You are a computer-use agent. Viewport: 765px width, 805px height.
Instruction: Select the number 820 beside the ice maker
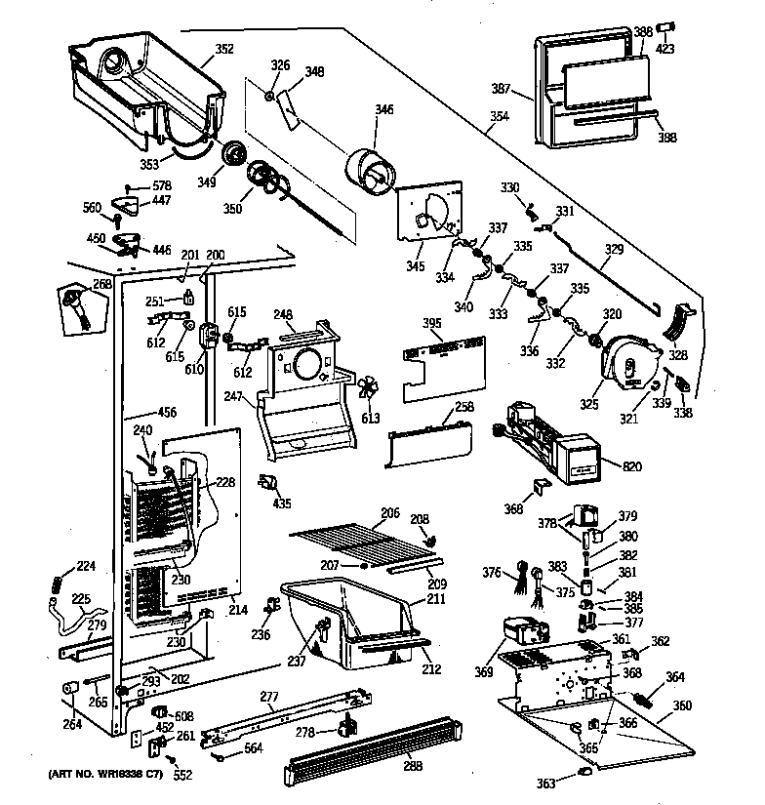tap(632, 466)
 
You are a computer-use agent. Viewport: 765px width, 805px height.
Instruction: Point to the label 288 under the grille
tap(413, 766)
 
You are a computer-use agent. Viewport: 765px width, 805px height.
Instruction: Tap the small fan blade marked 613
tap(371, 389)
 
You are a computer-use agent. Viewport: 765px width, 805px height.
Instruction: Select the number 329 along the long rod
tap(613, 250)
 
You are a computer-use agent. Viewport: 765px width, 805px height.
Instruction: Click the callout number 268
tap(102, 284)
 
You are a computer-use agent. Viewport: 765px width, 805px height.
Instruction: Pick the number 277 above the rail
tap(270, 696)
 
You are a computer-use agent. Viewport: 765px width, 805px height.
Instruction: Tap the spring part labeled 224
tap(57, 584)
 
